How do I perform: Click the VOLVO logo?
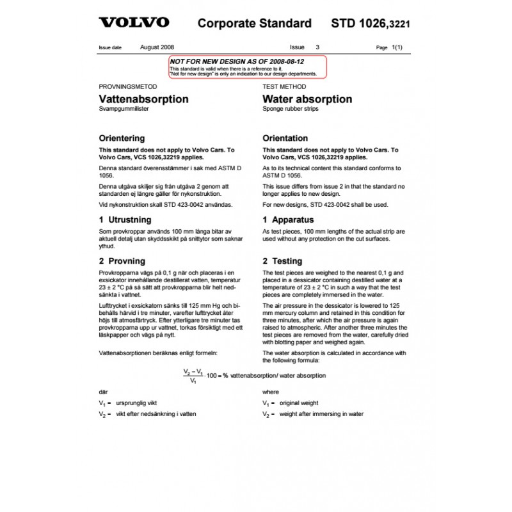coord(134,22)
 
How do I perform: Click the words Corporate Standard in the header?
coord(255,24)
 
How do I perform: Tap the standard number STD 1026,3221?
coord(371,24)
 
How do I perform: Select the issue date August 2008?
coord(156,47)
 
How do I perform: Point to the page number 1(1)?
coord(397,47)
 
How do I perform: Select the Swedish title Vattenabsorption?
coord(143,99)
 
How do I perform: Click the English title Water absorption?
coord(307,99)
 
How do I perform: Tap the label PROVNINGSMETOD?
coord(127,86)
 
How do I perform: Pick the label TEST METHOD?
coord(284,86)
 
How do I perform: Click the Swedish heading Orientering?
coord(122,138)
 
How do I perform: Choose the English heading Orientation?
coord(285,138)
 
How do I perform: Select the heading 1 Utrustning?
coord(125,220)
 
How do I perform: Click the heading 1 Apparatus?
coord(288,220)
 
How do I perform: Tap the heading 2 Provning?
coord(122,261)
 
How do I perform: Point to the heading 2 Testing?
coord(282,261)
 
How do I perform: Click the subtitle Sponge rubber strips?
coord(290,109)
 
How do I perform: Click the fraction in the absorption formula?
coord(193,376)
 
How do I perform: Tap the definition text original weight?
coord(298,403)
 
